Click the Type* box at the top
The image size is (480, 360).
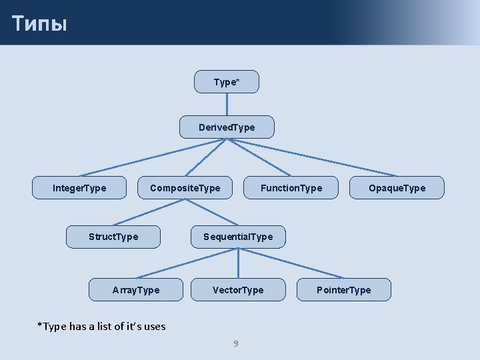click(227, 82)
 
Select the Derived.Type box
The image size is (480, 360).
click(227, 127)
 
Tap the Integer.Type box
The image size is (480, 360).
click(79, 188)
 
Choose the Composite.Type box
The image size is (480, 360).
click(185, 188)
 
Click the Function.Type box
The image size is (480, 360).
click(291, 188)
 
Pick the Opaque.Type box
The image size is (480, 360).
click(397, 188)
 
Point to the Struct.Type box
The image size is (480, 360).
click(113, 237)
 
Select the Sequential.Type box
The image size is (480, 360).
click(238, 237)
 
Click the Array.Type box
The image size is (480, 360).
click(136, 290)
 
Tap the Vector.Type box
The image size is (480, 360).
click(238, 290)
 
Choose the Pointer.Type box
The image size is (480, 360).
click(343, 290)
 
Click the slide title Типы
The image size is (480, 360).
click(39, 24)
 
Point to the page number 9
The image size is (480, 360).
click(235, 343)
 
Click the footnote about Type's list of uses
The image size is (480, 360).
click(101, 326)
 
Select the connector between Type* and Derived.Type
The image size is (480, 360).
click(227, 105)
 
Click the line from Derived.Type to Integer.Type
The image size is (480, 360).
click(153, 157)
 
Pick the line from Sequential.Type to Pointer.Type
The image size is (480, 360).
click(291, 263)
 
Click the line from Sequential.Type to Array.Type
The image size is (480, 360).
click(187, 263)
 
